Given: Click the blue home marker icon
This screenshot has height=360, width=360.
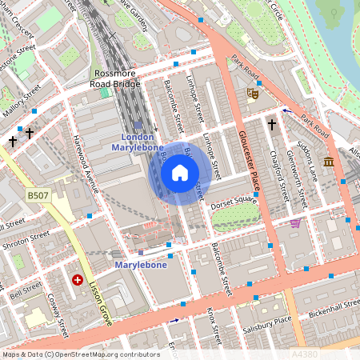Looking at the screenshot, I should pyautogui.click(x=180, y=173).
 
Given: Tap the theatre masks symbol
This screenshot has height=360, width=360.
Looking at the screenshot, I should pyautogui.click(x=252, y=94).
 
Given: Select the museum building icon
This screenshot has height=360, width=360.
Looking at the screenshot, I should pyautogui.click(x=329, y=162).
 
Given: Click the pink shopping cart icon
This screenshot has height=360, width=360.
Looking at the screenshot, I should pyautogui.click(x=295, y=223).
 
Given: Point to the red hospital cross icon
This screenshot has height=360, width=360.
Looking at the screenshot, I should pyautogui.click(x=78, y=280).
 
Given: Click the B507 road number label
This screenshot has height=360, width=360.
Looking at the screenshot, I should pyautogui.click(x=37, y=195).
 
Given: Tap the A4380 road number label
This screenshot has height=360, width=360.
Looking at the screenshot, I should pyautogui.click(x=305, y=352).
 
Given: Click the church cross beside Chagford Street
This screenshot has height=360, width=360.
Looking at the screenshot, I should pyautogui.click(x=272, y=126).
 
